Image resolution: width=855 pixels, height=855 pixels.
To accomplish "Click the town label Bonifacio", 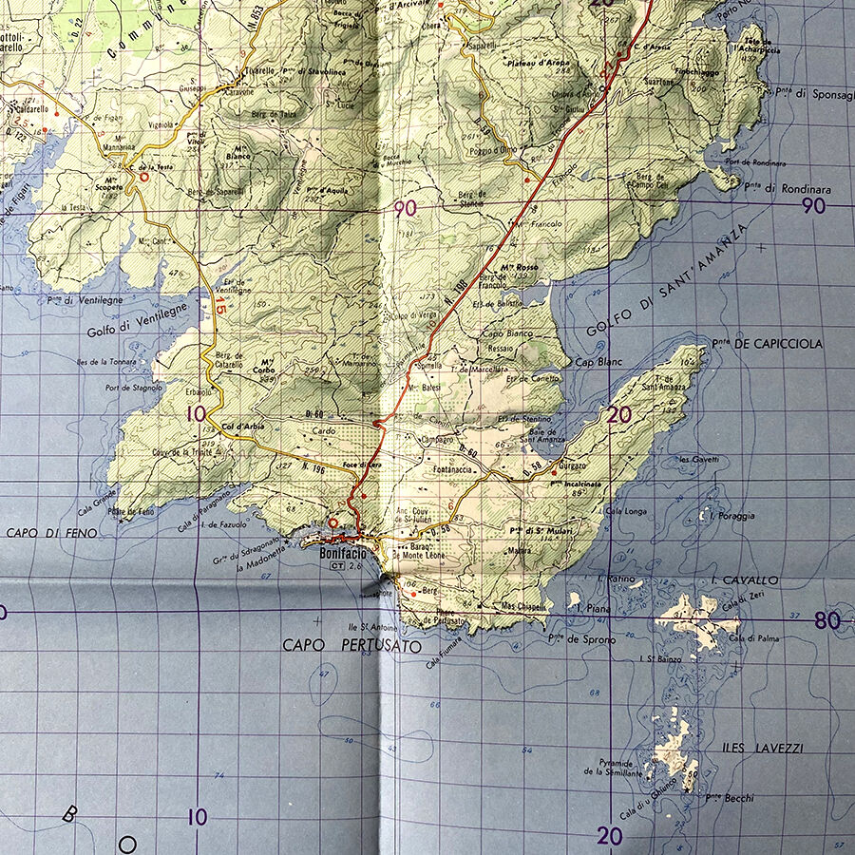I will [342, 553].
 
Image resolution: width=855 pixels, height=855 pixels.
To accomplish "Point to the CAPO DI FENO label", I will [51, 534].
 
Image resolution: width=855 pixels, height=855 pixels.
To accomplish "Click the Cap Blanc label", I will [596, 363].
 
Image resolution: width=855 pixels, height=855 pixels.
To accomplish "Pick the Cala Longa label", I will [626, 511].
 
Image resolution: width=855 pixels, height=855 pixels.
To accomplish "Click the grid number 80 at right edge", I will [826, 622].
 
